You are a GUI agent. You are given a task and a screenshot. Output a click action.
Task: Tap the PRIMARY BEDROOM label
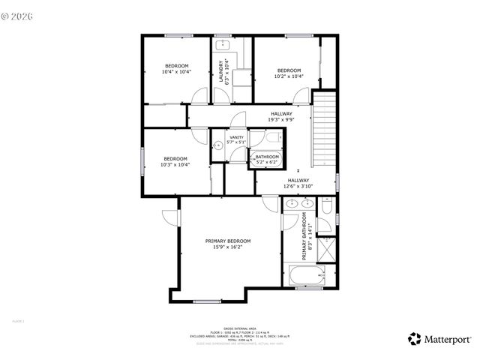coord(228,241)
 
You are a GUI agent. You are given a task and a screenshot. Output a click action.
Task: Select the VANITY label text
coord(236,137)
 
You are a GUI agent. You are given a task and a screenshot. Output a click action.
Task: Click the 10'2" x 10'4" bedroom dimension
coord(289,76)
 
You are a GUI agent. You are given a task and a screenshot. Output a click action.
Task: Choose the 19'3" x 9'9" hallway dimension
coord(281,119)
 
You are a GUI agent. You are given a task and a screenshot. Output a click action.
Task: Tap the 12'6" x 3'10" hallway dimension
coord(298,186)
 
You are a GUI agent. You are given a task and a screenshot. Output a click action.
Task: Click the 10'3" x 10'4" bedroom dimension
coord(175,164)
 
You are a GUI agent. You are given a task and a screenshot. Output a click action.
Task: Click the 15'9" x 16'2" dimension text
coord(228,247)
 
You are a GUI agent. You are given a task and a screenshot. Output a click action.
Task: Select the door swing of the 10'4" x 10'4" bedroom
coord(199,97)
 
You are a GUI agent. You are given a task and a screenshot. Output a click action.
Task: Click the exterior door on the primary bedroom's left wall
coord(171,217)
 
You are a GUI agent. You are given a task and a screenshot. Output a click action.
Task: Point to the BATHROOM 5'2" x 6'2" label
coord(267,159)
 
